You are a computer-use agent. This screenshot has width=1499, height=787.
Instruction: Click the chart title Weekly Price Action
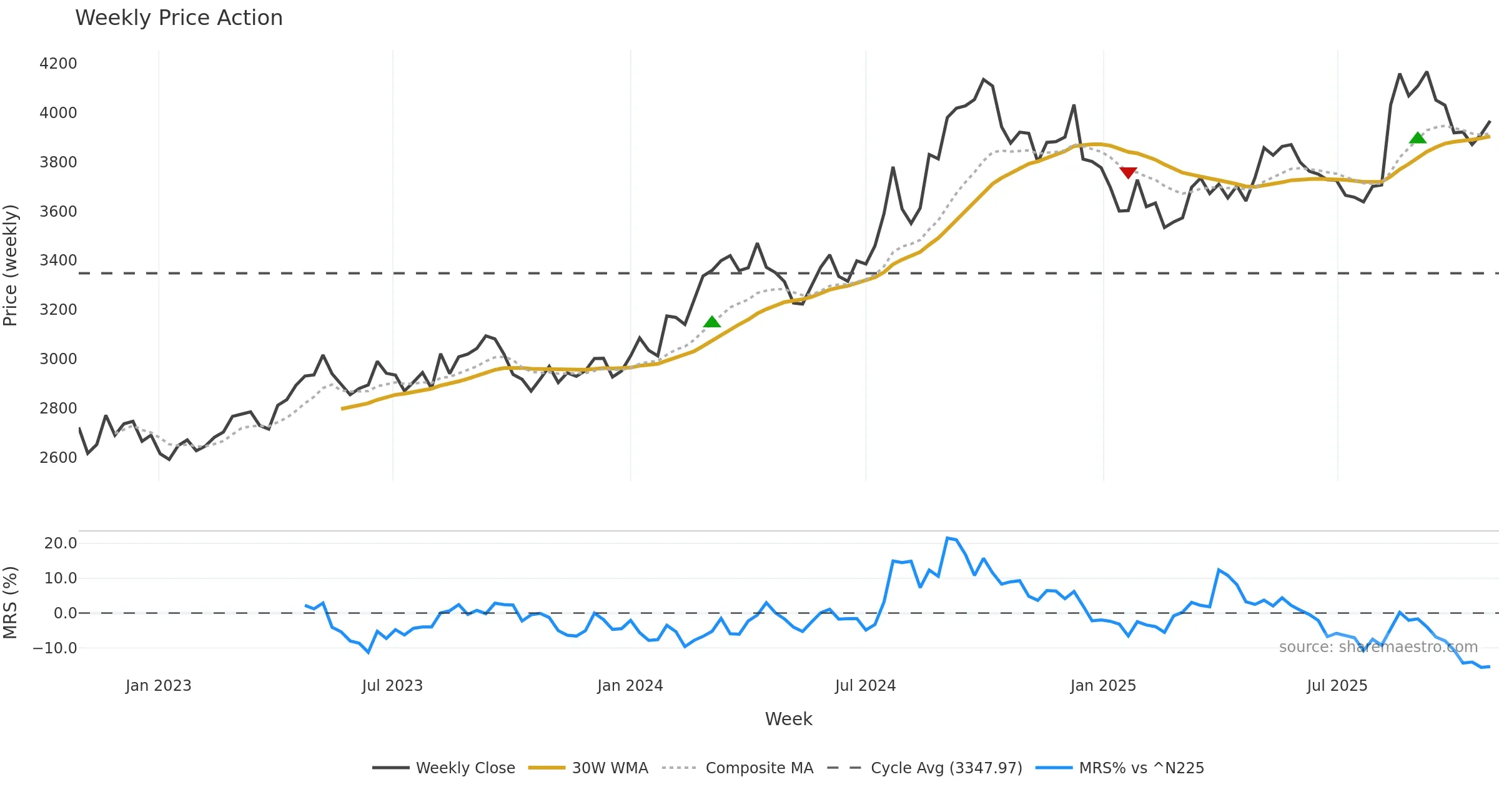pos(179,18)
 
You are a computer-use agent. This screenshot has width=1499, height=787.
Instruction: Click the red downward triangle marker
pos(1128,172)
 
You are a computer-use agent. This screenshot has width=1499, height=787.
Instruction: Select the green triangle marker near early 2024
pos(712,322)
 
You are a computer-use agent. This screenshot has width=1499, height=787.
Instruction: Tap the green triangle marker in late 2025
pos(1418,137)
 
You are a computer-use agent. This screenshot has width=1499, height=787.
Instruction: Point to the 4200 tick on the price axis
pos(58,64)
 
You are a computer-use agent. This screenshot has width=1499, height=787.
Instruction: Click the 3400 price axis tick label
pos(58,260)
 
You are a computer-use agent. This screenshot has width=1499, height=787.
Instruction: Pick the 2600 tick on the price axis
pos(58,458)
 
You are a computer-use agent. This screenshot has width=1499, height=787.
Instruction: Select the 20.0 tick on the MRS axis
pos(61,543)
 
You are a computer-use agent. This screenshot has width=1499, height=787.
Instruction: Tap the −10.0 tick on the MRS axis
pos(55,648)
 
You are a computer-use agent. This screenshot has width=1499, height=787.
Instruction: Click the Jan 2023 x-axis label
pos(158,686)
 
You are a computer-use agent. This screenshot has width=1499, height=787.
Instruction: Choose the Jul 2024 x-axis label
pos(865,686)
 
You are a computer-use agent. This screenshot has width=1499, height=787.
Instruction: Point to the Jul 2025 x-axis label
pos(1337,686)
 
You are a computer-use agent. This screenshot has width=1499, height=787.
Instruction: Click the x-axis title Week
pos(788,720)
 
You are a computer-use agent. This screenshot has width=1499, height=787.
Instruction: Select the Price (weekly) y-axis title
pos(11,265)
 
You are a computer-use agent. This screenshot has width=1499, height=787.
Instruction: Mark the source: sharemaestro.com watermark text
pos(1378,647)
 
